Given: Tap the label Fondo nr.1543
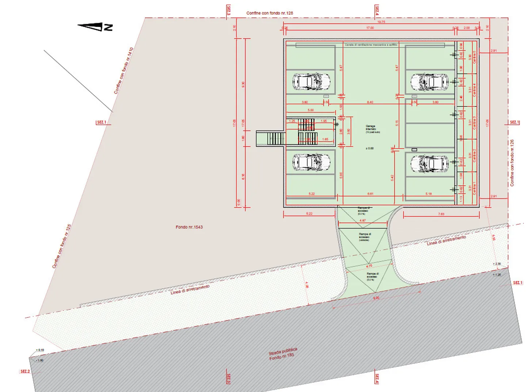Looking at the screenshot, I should (x=189, y=227).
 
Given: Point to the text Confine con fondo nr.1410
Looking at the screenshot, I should (x=123, y=70).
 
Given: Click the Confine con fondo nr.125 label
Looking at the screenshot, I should (x=61, y=246).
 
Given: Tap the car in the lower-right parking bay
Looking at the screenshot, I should (x=430, y=164).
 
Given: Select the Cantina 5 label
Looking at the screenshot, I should (x=474, y=57).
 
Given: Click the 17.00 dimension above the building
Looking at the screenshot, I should (x=370, y=28).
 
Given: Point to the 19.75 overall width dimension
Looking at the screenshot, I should (x=381, y=22).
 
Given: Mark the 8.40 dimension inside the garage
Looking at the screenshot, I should (x=370, y=102).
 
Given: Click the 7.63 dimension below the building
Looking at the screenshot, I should (x=441, y=214).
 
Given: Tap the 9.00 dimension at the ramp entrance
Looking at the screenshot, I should (x=376, y=298).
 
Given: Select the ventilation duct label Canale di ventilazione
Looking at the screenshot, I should (x=371, y=45).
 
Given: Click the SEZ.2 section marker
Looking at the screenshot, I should (x=25, y=371).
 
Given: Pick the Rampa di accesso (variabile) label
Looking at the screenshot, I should (x=365, y=237).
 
